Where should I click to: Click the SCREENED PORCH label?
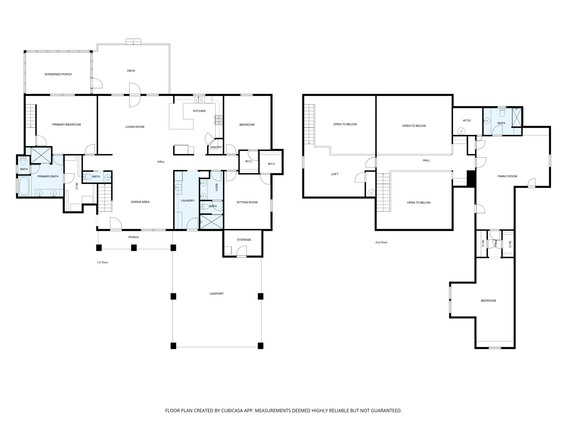(x=58, y=74)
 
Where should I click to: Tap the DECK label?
(x=131, y=71)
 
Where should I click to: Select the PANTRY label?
(x=216, y=147)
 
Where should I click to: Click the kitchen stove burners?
(x=219, y=120)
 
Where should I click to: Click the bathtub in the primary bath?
(x=24, y=186)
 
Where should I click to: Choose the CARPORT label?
(x=216, y=294)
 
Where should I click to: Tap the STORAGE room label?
(x=244, y=240)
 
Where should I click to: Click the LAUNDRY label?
(x=188, y=201)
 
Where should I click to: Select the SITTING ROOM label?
(x=247, y=202)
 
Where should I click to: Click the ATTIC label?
(x=467, y=121)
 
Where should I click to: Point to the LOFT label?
(x=335, y=174)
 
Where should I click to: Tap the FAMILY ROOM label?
(x=507, y=176)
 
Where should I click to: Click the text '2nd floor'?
(x=381, y=242)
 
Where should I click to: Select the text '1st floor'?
(x=102, y=262)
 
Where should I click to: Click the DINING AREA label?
(x=140, y=202)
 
